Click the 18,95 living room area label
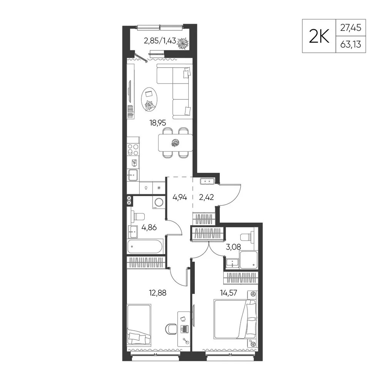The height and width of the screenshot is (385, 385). [158, 122]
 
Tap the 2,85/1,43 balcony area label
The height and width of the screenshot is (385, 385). [160, 41]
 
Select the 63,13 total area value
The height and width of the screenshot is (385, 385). [351, 44]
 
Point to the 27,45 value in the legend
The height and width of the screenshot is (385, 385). [351, 28]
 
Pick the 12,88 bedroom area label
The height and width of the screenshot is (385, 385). [157, 293]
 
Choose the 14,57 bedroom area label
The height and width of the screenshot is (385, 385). [229, 293]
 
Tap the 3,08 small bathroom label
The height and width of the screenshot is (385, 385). [233, 247]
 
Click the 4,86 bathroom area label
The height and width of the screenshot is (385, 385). [149, 228]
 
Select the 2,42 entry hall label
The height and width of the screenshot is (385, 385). [206, 197]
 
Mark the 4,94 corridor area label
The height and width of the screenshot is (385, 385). [180, 197]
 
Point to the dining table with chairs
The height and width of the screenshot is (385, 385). [175, 143]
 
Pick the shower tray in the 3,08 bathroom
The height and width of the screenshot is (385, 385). [248, 259]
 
